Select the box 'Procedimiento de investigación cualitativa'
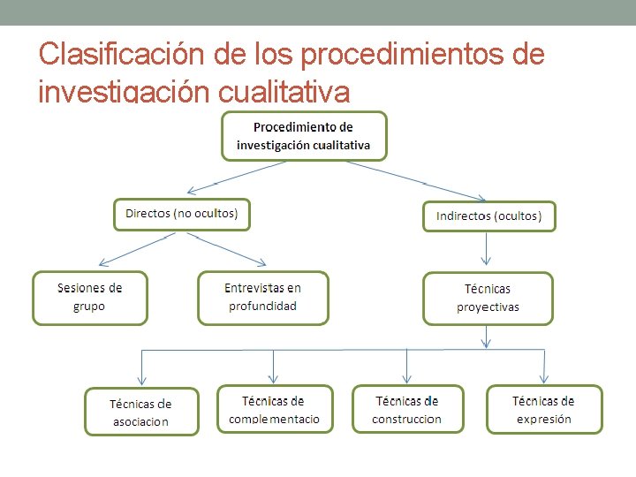pyautogui.click(x=304, y=136)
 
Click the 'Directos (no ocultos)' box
pyautogui.click(x=181, y=214)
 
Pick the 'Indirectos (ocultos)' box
pyautogui.click(x=488, y=216)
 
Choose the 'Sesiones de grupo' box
pyautogui.click(x=90, y=298)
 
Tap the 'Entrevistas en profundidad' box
pyautogui.click(x=262, y=298)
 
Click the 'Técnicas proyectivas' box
pyautogui.click(x=488, y=299)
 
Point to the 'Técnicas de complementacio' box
pyautogui.click(x=275, y=410)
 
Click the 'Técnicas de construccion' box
pyautogui.click(x=407, y=410)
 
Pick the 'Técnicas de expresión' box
pyautogui.click(x=543, y=410)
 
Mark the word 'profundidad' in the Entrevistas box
pyautogui.click(x=262, y=307)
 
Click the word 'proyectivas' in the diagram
pyautogui.click(x=488, y=307)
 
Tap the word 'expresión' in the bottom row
pyautogui.click(x=543, y=419)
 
